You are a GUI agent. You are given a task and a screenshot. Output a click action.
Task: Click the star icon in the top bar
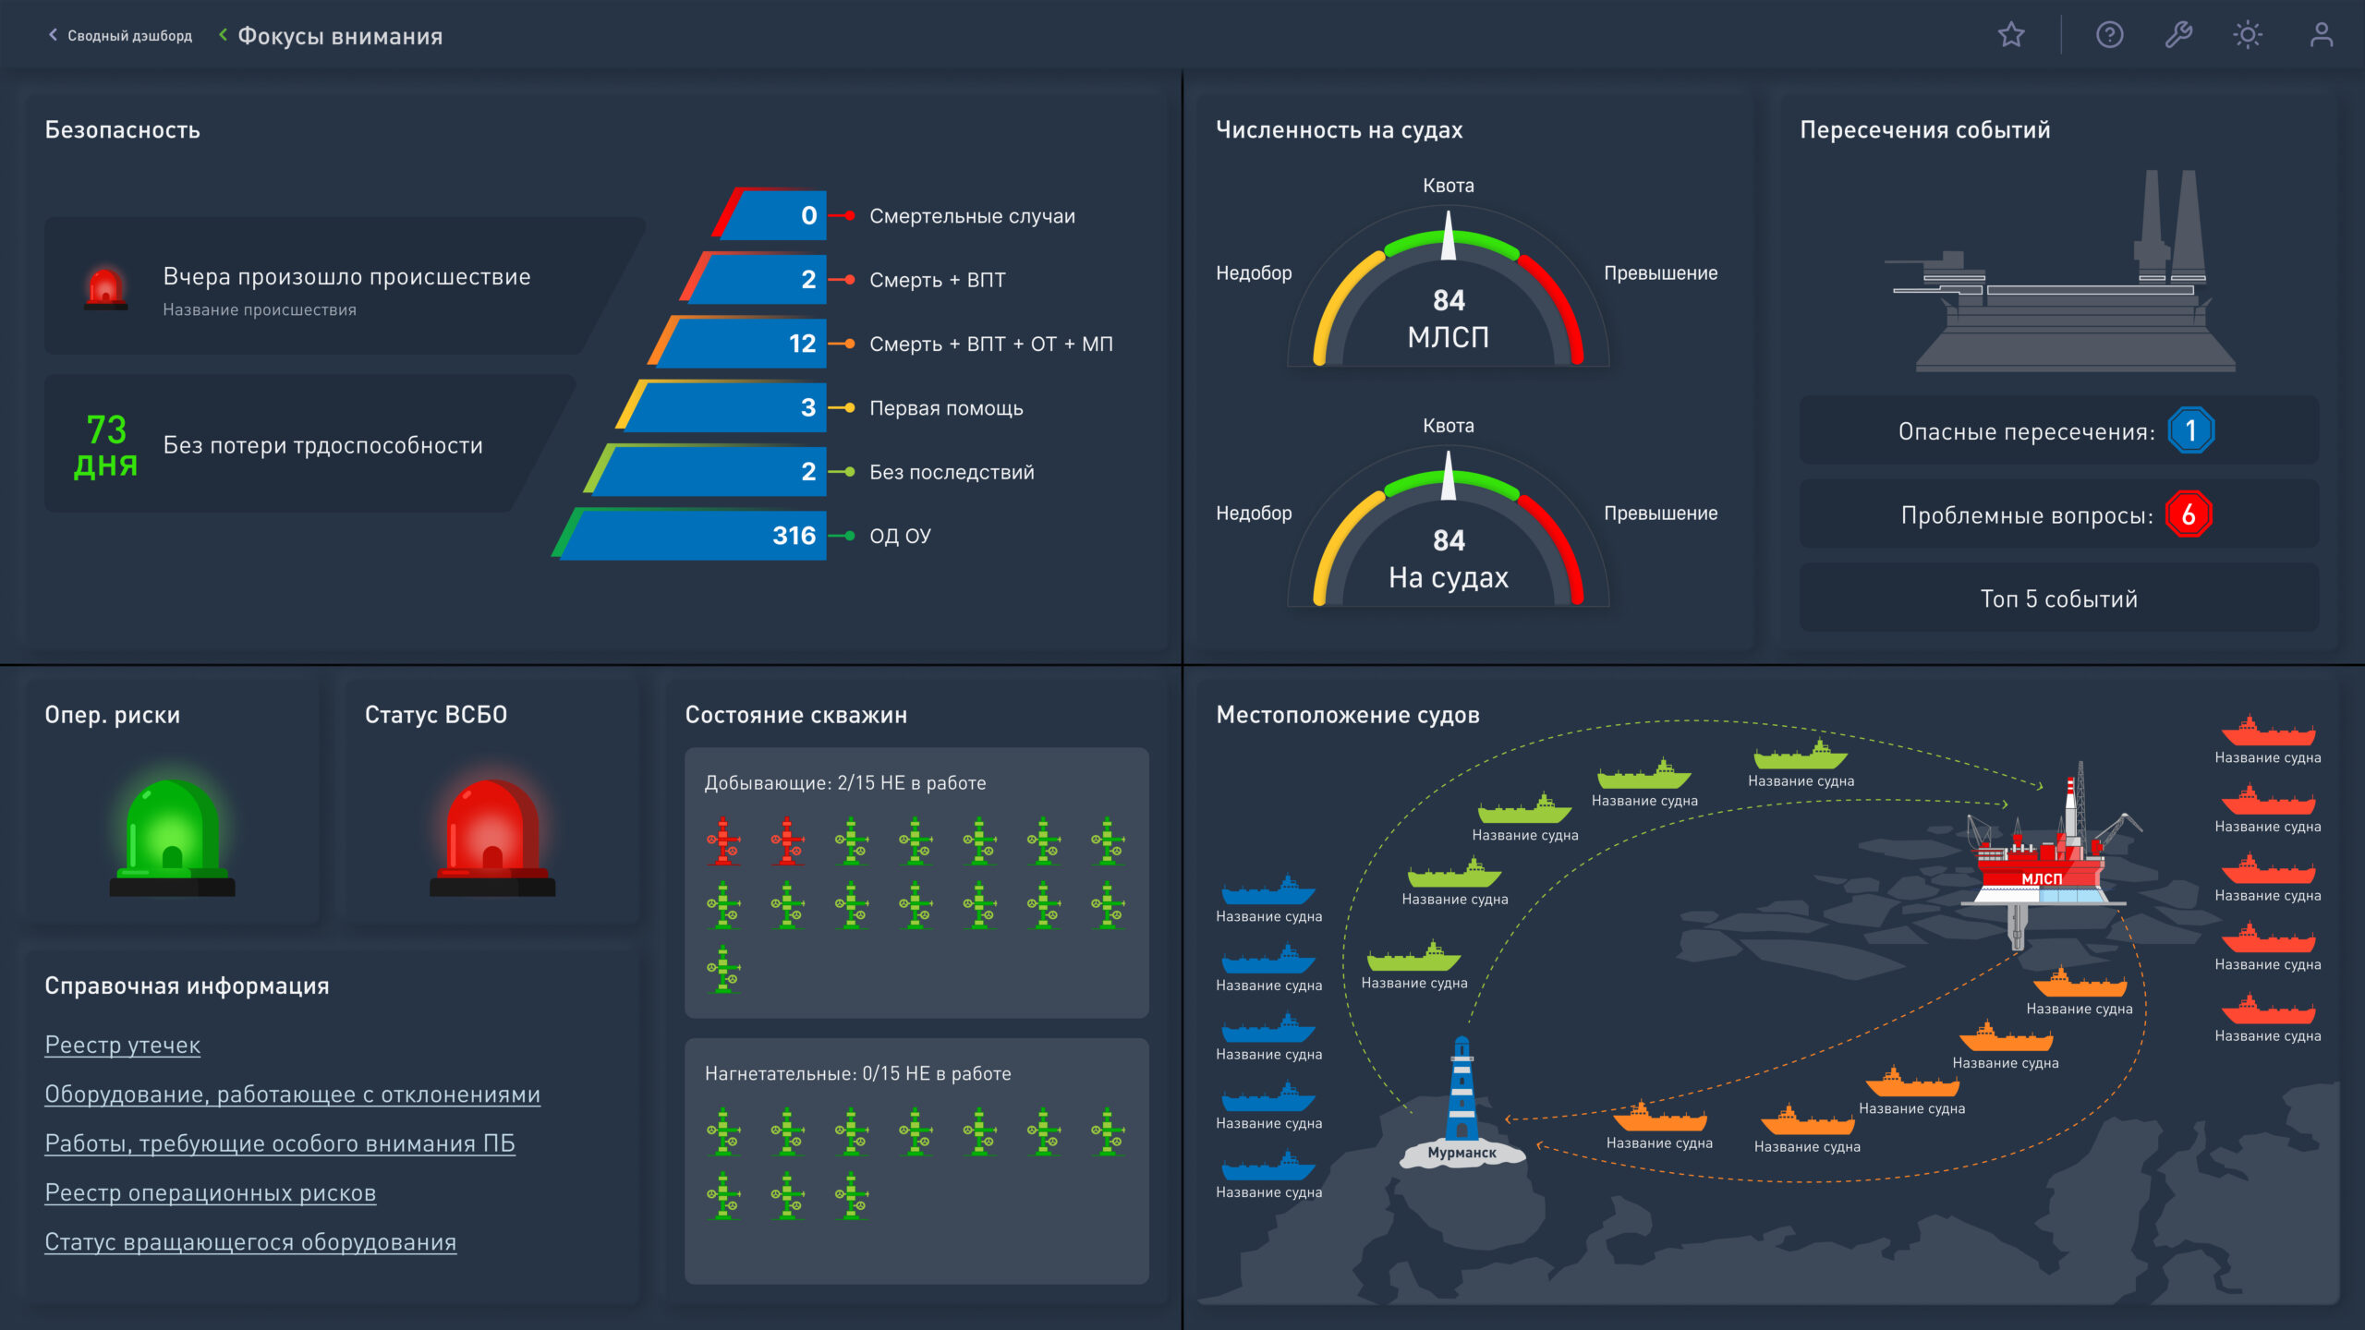2011,35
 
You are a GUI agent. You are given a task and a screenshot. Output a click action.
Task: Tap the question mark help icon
2109,35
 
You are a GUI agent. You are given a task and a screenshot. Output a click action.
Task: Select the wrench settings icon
2178,35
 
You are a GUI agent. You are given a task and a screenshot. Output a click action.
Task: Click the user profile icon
2321,35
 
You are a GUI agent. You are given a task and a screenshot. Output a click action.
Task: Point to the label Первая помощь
946,408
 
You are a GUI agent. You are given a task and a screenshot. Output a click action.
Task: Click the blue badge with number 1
2190,430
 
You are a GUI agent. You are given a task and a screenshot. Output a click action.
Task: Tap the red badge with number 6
2189,514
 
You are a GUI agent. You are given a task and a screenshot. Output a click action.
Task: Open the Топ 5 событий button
2058,598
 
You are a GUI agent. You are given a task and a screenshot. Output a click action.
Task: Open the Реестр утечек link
123,1045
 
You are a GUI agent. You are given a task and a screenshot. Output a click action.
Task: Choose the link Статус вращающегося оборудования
250,1242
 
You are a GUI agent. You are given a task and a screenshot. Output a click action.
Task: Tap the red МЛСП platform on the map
2042,868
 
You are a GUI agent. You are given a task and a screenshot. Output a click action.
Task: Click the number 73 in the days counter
106,429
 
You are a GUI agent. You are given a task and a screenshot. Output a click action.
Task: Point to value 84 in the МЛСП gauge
1449,300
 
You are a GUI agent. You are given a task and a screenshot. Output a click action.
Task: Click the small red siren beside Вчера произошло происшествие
105,288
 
